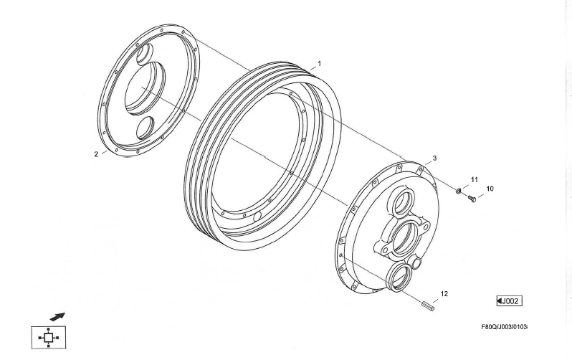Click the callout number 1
(x=320, y=64)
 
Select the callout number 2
(x=96, y=154)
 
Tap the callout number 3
(x=434, y=158)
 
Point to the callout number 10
(x=490, y=189)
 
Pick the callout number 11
(x=474, y=179)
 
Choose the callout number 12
(x=444, y=293)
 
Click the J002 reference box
(x=509, y=301)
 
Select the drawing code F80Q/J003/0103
(x=504, y=327)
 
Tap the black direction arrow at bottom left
(x=57, y=316)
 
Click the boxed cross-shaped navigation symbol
(x=49, y=337)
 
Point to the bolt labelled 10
(x=472, y=199)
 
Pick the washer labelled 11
(x=459, y=190)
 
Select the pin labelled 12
(x=428, y=306)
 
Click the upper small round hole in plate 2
(x=145, y=54)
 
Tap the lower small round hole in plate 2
(x=145, y=128)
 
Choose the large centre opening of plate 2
(x=145, y=87)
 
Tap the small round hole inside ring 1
(x=257, y=217)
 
